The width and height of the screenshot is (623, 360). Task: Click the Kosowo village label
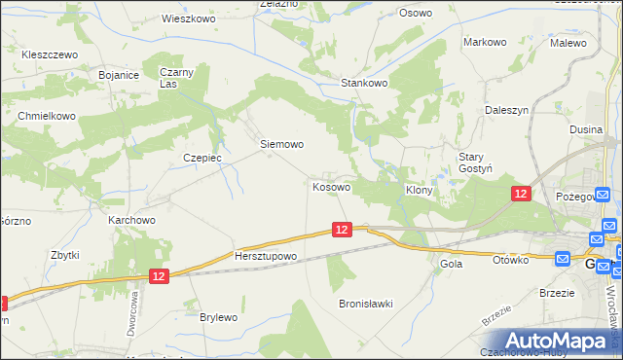point(331,186)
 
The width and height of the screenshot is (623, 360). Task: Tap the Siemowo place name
point(282,144)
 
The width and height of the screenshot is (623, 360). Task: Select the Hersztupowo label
point(265,257)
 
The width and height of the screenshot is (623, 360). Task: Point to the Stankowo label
point(364,84)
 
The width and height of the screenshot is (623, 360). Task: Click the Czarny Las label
point(178,78)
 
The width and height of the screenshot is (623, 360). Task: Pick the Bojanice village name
point(120,74)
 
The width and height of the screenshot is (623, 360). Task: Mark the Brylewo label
point(218,317)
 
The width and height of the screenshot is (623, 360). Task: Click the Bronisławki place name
point(365,304)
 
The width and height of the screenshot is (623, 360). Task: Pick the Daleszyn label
point(506,111)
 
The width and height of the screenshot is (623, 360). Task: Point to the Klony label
point(419,191)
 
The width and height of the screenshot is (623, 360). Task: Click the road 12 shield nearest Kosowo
point(341,230)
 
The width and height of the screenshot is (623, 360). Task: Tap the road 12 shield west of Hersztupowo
point(161,277)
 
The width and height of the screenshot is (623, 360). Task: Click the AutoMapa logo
point(552,340)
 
